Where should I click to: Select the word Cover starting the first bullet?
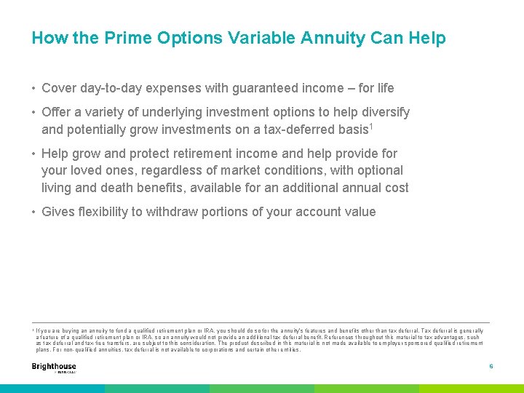(59, 88)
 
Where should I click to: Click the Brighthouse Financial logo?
(54, 368)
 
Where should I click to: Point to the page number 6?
(491, 367)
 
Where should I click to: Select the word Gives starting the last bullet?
(58, 213)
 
